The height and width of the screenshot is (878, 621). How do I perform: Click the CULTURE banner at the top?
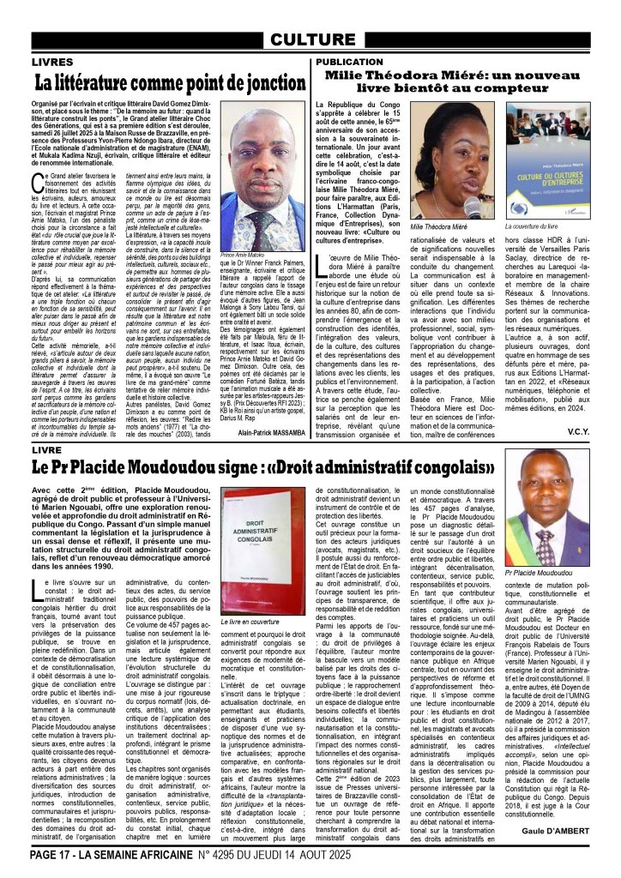point(310,40)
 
